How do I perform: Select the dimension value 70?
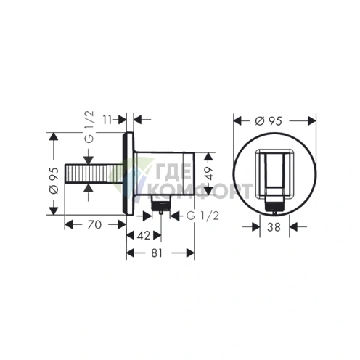coord(91,225)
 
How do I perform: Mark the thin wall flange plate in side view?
coord(129,175)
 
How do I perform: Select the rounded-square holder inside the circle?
coord(274,174)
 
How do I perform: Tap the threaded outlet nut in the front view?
coord(274,207)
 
